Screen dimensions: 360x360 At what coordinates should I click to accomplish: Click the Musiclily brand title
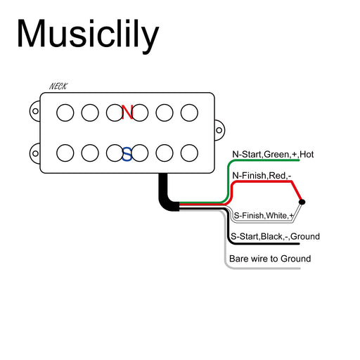point(87,34)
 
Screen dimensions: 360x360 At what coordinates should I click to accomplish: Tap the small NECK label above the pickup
point(58,86)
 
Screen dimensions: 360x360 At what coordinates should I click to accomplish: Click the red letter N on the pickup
point(127,112)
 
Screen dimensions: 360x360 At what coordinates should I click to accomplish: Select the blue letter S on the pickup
point(127,153)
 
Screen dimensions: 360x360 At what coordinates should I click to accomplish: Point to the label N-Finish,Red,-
point(262,175)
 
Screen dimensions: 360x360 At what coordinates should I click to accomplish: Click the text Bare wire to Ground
point(270,259)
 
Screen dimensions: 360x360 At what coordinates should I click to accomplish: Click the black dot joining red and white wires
point(302,202)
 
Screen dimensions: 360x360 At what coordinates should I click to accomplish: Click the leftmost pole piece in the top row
point(64,112)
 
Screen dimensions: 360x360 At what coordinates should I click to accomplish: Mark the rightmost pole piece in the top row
point(189,112)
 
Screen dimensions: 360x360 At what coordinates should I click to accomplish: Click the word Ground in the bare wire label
point(295,259)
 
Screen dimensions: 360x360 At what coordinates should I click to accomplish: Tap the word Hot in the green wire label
point(306,154)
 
